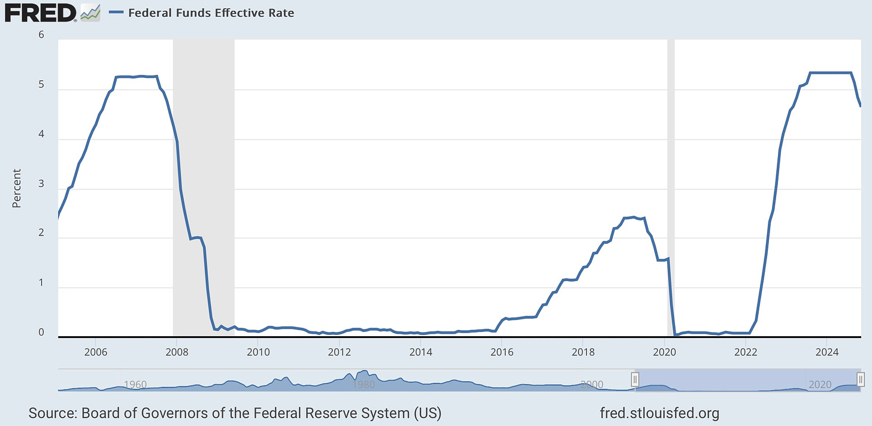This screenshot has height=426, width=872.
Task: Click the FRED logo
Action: coord(40,12)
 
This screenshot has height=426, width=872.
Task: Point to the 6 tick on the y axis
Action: coord(41,35)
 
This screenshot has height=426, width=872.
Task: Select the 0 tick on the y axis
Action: coord(41,333)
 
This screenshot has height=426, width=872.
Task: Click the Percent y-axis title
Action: coord(17,188)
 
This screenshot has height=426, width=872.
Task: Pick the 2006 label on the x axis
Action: coord(95,352)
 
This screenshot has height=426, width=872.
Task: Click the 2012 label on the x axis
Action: coord(340,352)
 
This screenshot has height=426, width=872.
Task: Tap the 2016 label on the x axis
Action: coord(502,352)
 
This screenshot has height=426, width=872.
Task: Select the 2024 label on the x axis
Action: coord(827,352)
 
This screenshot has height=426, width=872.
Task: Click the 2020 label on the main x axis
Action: coord(665,352)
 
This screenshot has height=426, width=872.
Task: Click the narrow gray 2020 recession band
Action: coord(671,180)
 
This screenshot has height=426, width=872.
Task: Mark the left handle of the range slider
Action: coord(635,379)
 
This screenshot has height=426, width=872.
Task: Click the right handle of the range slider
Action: coord(861,379)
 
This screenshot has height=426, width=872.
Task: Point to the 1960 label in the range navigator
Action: coord(134,384)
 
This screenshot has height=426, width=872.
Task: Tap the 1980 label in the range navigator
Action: coord(364,384)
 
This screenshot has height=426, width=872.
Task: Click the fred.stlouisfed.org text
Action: coord(659,413)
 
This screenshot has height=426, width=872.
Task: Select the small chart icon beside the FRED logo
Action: coord(90,11)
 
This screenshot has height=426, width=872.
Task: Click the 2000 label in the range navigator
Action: coord(592,384)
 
